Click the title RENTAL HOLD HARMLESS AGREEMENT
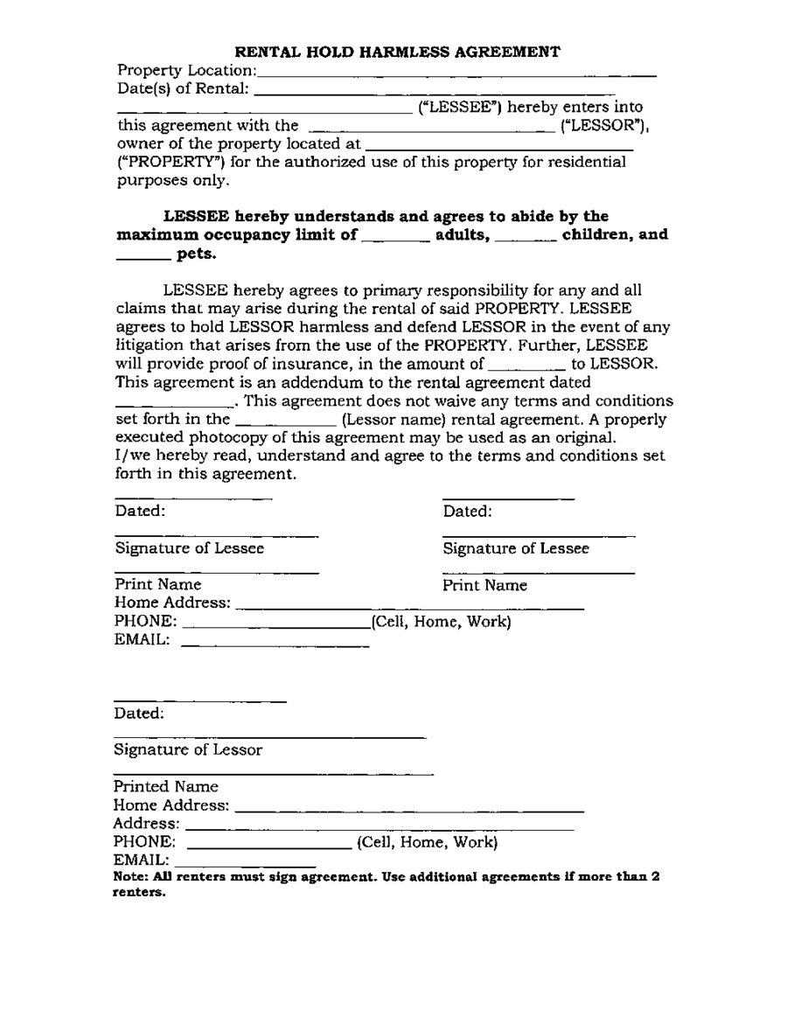click(399, 52)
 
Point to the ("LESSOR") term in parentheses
click(602, 125)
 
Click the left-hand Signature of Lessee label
click(190, 549)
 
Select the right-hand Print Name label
click(485, 584)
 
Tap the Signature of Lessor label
click(188, 750)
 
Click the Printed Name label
click(166, 787)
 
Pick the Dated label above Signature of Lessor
click(140, 714)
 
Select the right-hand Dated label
click(468, 512)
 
